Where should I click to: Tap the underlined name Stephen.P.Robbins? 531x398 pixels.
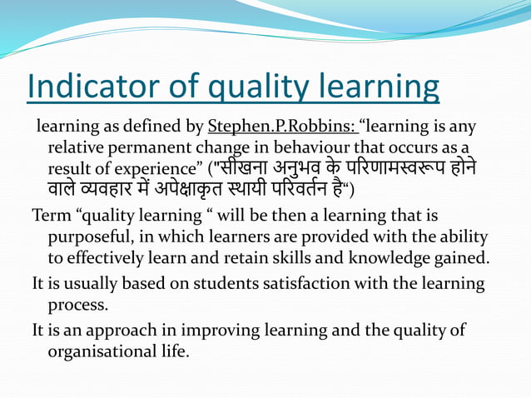click(282, 127)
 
